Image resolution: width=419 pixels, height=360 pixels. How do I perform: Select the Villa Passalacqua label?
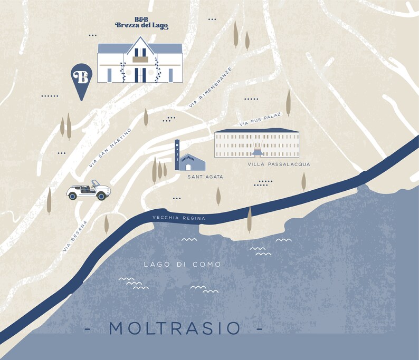(x=278, y=164)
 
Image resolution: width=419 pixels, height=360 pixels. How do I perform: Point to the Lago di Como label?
(x=182, y=264)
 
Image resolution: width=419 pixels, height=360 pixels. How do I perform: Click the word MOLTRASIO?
(x=174, y=328)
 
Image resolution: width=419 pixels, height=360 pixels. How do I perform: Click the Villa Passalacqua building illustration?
(x=256, y=143)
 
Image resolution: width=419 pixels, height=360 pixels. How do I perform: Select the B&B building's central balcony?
(x=140, y=60)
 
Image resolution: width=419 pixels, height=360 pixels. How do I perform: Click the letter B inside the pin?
(x=82, y=76)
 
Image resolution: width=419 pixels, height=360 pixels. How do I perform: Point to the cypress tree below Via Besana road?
(x=106, y=223)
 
